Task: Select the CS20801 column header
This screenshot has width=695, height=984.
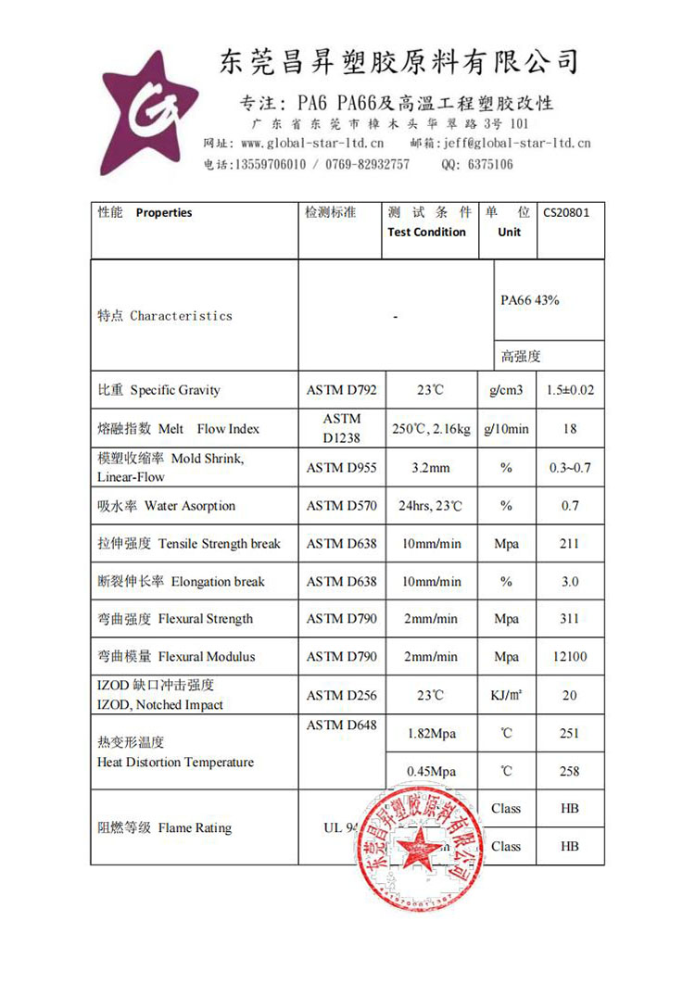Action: tap(566, 212)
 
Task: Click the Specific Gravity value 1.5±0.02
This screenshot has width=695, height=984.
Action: tap(571, 390)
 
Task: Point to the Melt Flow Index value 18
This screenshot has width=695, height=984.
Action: tap(570, 429)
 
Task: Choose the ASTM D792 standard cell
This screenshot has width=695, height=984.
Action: tap(341, 390)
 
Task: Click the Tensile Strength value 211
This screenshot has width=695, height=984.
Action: tap(570, 544)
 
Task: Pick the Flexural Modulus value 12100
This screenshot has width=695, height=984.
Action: tap(570, 657)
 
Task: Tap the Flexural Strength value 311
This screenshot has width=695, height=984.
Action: tap(570, 619)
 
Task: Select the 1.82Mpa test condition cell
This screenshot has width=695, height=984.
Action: tap(432, 734)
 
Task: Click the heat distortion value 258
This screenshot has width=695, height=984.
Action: tap(570, 771)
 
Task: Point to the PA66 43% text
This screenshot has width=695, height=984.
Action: tap(530, 300)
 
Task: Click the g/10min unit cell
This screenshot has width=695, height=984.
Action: tap(506, 429)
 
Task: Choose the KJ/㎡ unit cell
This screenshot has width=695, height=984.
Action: tap(506, 695)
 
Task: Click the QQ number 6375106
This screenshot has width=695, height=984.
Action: tap(489, 164)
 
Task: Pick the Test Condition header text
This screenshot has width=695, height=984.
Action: tap(426, 232)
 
